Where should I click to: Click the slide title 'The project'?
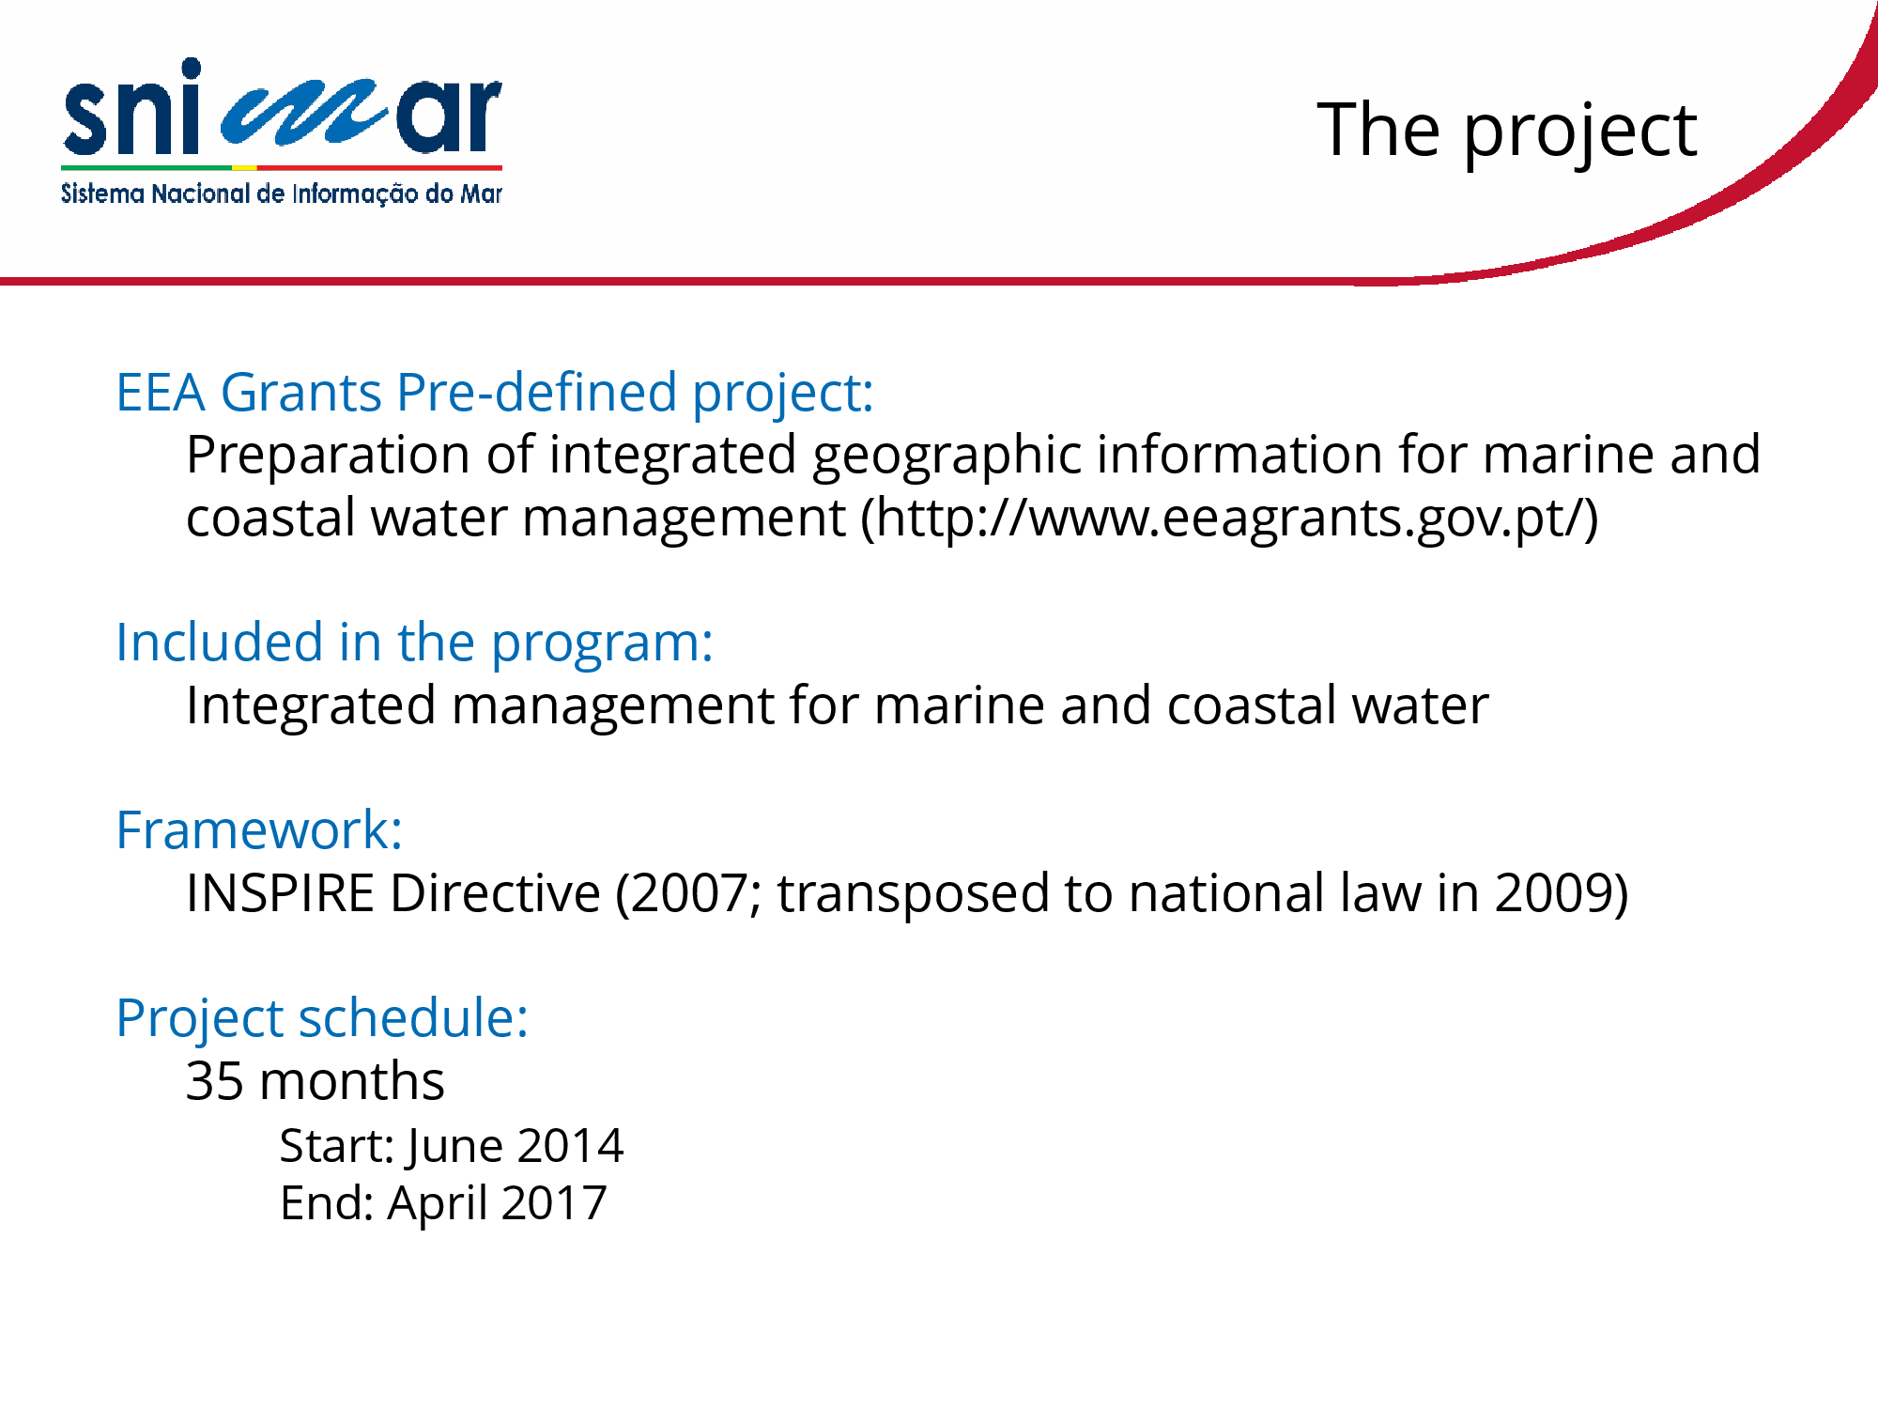pyautogui.click(x=1507, y=132)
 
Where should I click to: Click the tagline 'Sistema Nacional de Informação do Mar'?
pyautogui.click(x=282, y=194)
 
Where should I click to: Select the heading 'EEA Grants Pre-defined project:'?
pyautogui.click(x=495, y=394)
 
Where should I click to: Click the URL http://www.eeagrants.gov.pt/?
pyautogui.click(x=1230, y=519)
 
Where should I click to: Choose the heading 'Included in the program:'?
pyautogui.click(x=415, y=643)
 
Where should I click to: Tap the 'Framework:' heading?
pyautogui.click(x=260, y=830)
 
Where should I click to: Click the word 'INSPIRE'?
pyautogui.click(x=280, y=893)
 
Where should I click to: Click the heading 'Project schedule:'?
pyautogui.click(x=323, y=1019)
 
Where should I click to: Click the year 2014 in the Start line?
pyautogui.click(x=570, y=1146)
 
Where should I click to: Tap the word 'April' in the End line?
pyautogui.click(x=437, y=1205)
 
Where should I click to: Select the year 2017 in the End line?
pyautogui.click(x=554, y=1203)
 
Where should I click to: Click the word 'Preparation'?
pyautogui.click(x=328, y=457)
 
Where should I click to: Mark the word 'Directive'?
pyautogui.click(x=495, y=893)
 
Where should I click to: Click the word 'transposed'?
pyautogui.click(x=913, y=895)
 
